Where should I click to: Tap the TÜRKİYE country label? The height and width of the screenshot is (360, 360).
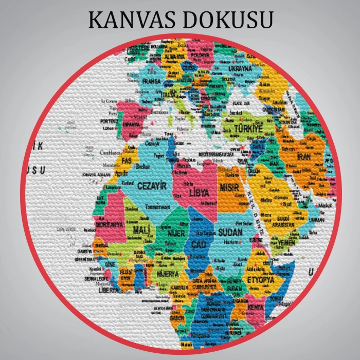coord(248,128)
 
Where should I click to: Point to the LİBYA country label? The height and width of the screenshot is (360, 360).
coord(199,193)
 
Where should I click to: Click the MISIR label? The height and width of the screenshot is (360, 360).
coord(229,187)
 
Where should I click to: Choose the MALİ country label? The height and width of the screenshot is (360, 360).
coord(140,229)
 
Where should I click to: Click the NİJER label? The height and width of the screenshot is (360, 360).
coord(176,233)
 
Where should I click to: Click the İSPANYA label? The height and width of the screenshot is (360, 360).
coord(131,124)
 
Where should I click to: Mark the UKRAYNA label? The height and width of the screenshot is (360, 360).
coord(240,68)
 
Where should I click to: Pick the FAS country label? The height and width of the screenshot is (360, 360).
coord(127,161)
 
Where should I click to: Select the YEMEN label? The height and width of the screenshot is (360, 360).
coord(287,242)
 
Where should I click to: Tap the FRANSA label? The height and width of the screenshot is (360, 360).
coord(151,81)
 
